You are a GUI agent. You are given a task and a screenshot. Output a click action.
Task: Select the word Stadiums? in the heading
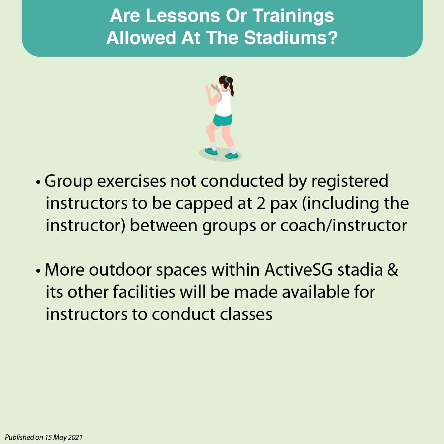[x=291, y=38]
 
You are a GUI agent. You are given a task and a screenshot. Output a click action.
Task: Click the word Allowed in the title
[x=141, y=38]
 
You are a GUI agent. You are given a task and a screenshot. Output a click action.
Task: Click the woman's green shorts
[x=223, y=120]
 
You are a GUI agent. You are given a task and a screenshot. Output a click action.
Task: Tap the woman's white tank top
[x=223, y=103]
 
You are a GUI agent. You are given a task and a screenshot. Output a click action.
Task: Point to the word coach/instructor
[x=343, y=226]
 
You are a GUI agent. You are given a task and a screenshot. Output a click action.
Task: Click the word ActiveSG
[x=299, y=270]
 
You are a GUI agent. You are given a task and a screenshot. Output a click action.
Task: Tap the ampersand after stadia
[x=393, y=270]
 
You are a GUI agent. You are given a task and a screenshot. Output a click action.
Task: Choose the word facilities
[x=144, y=292]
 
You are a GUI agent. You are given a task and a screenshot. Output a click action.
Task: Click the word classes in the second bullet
[x=246, y=314]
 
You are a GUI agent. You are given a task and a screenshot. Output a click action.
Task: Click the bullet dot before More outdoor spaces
[x=38, y=271]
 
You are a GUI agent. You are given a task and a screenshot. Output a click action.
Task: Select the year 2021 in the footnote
[x=75, y=437]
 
